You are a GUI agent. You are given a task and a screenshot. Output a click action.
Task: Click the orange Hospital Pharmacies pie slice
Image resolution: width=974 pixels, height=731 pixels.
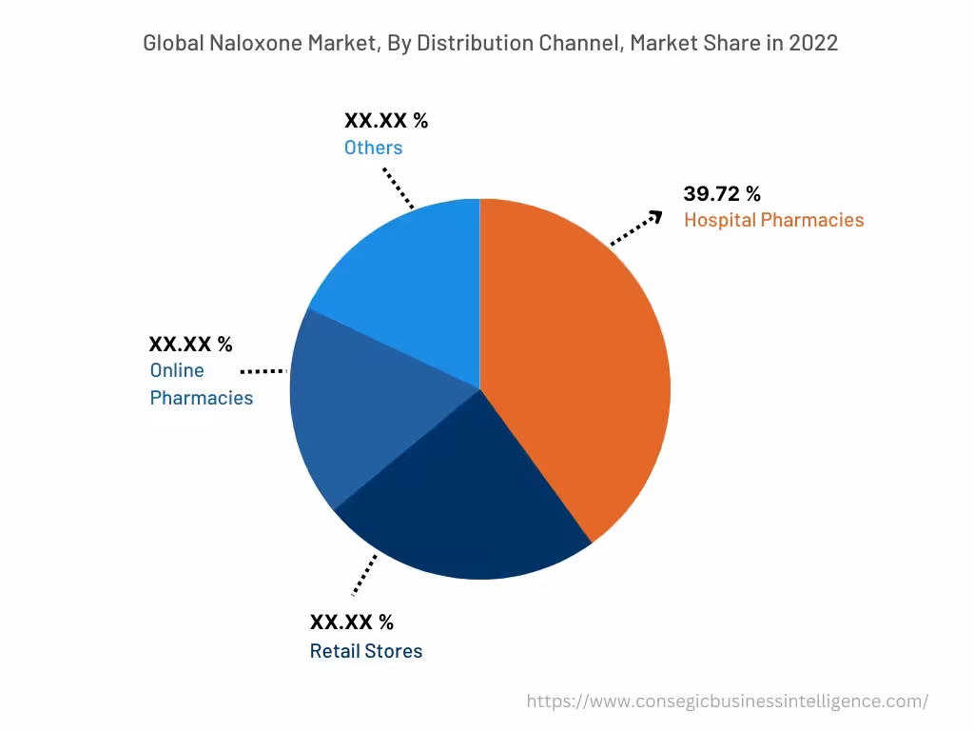(x=580, y=371)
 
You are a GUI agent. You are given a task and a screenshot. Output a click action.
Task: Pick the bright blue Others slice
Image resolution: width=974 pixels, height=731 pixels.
(x=409, y=276)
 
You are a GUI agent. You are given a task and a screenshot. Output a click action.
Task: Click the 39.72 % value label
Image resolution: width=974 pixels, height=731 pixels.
(x=722, y=194)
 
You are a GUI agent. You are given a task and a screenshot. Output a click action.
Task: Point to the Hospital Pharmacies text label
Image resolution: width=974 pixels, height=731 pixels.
(x=773, y=220)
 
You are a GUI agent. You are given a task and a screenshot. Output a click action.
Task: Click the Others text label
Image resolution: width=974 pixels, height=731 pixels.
(x=373, y=148)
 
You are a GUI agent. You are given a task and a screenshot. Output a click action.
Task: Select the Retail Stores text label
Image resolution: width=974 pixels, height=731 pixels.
(x=366, y=651)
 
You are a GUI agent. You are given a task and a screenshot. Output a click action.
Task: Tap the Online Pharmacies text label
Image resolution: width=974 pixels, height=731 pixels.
(x=201, y=385)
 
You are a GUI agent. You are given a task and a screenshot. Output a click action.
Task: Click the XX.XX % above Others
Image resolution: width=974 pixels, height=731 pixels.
(x=386, y=121)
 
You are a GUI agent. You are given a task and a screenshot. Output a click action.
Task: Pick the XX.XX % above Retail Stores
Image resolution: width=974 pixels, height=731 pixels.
(x=351, y=622)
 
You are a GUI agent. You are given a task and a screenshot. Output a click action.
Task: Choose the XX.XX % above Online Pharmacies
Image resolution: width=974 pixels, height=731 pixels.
(x=190, y=345)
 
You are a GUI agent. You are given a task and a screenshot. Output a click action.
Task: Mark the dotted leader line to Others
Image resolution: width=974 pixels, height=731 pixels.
(x=399, y=188)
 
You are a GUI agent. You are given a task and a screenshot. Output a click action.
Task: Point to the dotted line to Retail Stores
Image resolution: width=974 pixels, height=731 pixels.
(x=364, y=575)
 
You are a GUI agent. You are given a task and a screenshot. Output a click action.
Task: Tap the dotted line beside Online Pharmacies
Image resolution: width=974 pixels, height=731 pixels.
(x=263, y=370)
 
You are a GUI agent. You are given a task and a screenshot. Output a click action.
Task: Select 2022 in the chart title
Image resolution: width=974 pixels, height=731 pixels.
(x=813, y=43)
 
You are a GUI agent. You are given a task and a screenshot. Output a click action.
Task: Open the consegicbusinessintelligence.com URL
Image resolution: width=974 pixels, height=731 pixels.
(x=728, y=701)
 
